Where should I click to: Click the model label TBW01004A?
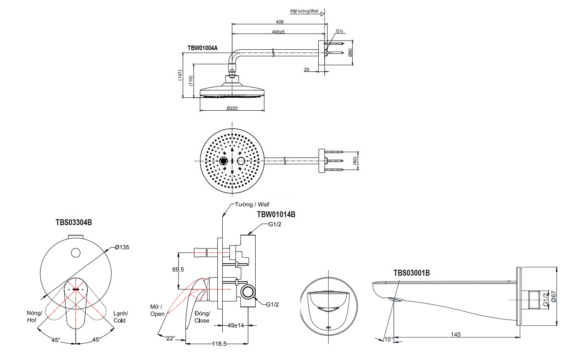[203, 48]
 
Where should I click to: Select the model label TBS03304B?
[74, 223]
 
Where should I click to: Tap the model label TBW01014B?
[276, 215]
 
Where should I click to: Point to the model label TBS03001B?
[412, 273]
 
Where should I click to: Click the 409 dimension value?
[279, 22]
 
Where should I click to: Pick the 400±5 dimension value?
[278, 32]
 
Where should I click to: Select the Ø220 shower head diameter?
[232, 108]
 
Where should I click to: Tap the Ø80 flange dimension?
[350, 53]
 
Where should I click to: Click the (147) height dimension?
[180, 78]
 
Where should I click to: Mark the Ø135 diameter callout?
[122, 247]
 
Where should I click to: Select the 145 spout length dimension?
[456, 334]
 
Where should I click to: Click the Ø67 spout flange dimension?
[554, 297]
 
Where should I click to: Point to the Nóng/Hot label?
[34, 316]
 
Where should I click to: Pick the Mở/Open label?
[158, 310]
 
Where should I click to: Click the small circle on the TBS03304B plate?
[76, 252]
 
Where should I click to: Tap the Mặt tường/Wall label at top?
[304, 11]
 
